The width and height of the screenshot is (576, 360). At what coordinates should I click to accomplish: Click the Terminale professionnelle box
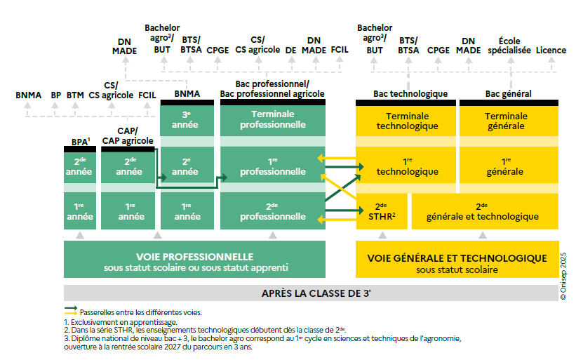273,119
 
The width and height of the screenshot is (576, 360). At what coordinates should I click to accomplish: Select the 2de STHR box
381,211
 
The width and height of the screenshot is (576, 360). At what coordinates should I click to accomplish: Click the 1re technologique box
407,166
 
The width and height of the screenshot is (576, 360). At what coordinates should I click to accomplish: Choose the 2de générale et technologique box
482,211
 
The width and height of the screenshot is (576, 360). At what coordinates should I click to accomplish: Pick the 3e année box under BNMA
186,119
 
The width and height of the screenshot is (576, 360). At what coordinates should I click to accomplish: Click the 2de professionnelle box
273,211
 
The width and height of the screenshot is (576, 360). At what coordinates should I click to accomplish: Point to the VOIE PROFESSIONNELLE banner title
195,257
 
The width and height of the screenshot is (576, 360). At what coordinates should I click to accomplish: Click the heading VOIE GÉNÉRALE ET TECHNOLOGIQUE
457,258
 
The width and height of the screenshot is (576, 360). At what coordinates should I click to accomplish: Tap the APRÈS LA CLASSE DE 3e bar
315,293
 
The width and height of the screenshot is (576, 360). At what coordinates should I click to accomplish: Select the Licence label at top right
551,51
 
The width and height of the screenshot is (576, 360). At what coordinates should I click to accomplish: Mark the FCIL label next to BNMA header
147,95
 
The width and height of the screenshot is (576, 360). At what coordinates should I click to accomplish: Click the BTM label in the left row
75,95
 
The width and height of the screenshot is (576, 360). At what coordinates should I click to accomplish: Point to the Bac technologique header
410,94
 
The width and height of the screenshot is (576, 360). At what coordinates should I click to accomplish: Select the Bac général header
508,94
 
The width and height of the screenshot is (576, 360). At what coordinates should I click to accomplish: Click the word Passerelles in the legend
102,312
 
